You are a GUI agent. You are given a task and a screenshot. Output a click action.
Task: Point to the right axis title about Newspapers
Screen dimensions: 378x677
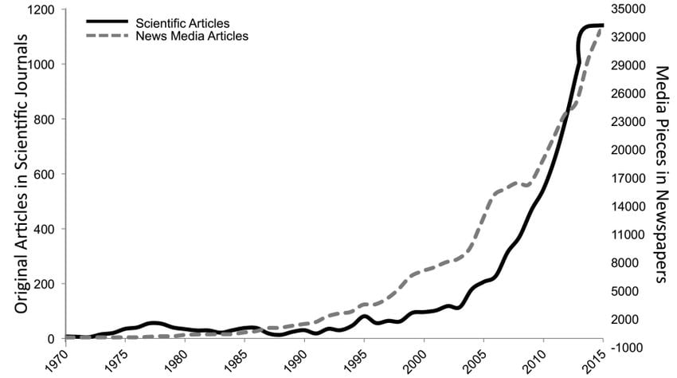tap(660, 174)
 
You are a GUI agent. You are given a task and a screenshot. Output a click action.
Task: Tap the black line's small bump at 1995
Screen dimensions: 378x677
tap(363, 317)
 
